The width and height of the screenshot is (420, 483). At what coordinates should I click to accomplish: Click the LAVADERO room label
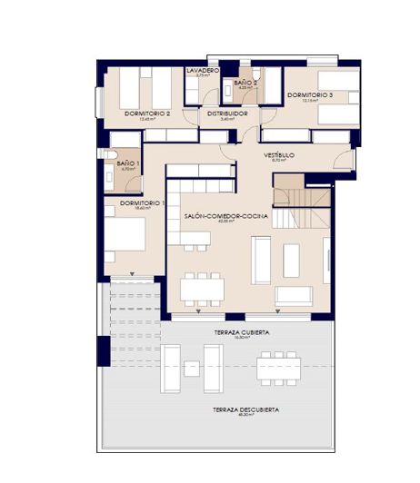point(203,70)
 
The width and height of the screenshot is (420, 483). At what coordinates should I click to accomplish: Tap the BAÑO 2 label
point(245,83)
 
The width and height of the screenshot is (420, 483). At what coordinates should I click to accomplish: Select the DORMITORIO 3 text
point(310,95)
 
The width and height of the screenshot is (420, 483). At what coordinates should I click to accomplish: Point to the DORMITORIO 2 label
point(148,113)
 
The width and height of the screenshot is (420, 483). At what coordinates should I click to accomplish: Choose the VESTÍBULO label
point(280,155)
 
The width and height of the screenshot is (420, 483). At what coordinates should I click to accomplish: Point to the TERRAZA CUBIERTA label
point(243,333)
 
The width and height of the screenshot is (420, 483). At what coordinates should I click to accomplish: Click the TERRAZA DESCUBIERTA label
point(245,410)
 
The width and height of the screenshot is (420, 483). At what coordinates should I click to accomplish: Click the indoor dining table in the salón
point(202,289)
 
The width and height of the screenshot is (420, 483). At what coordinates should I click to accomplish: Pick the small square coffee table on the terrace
point(192,368)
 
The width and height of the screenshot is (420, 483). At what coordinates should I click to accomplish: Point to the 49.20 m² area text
point(245,417)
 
